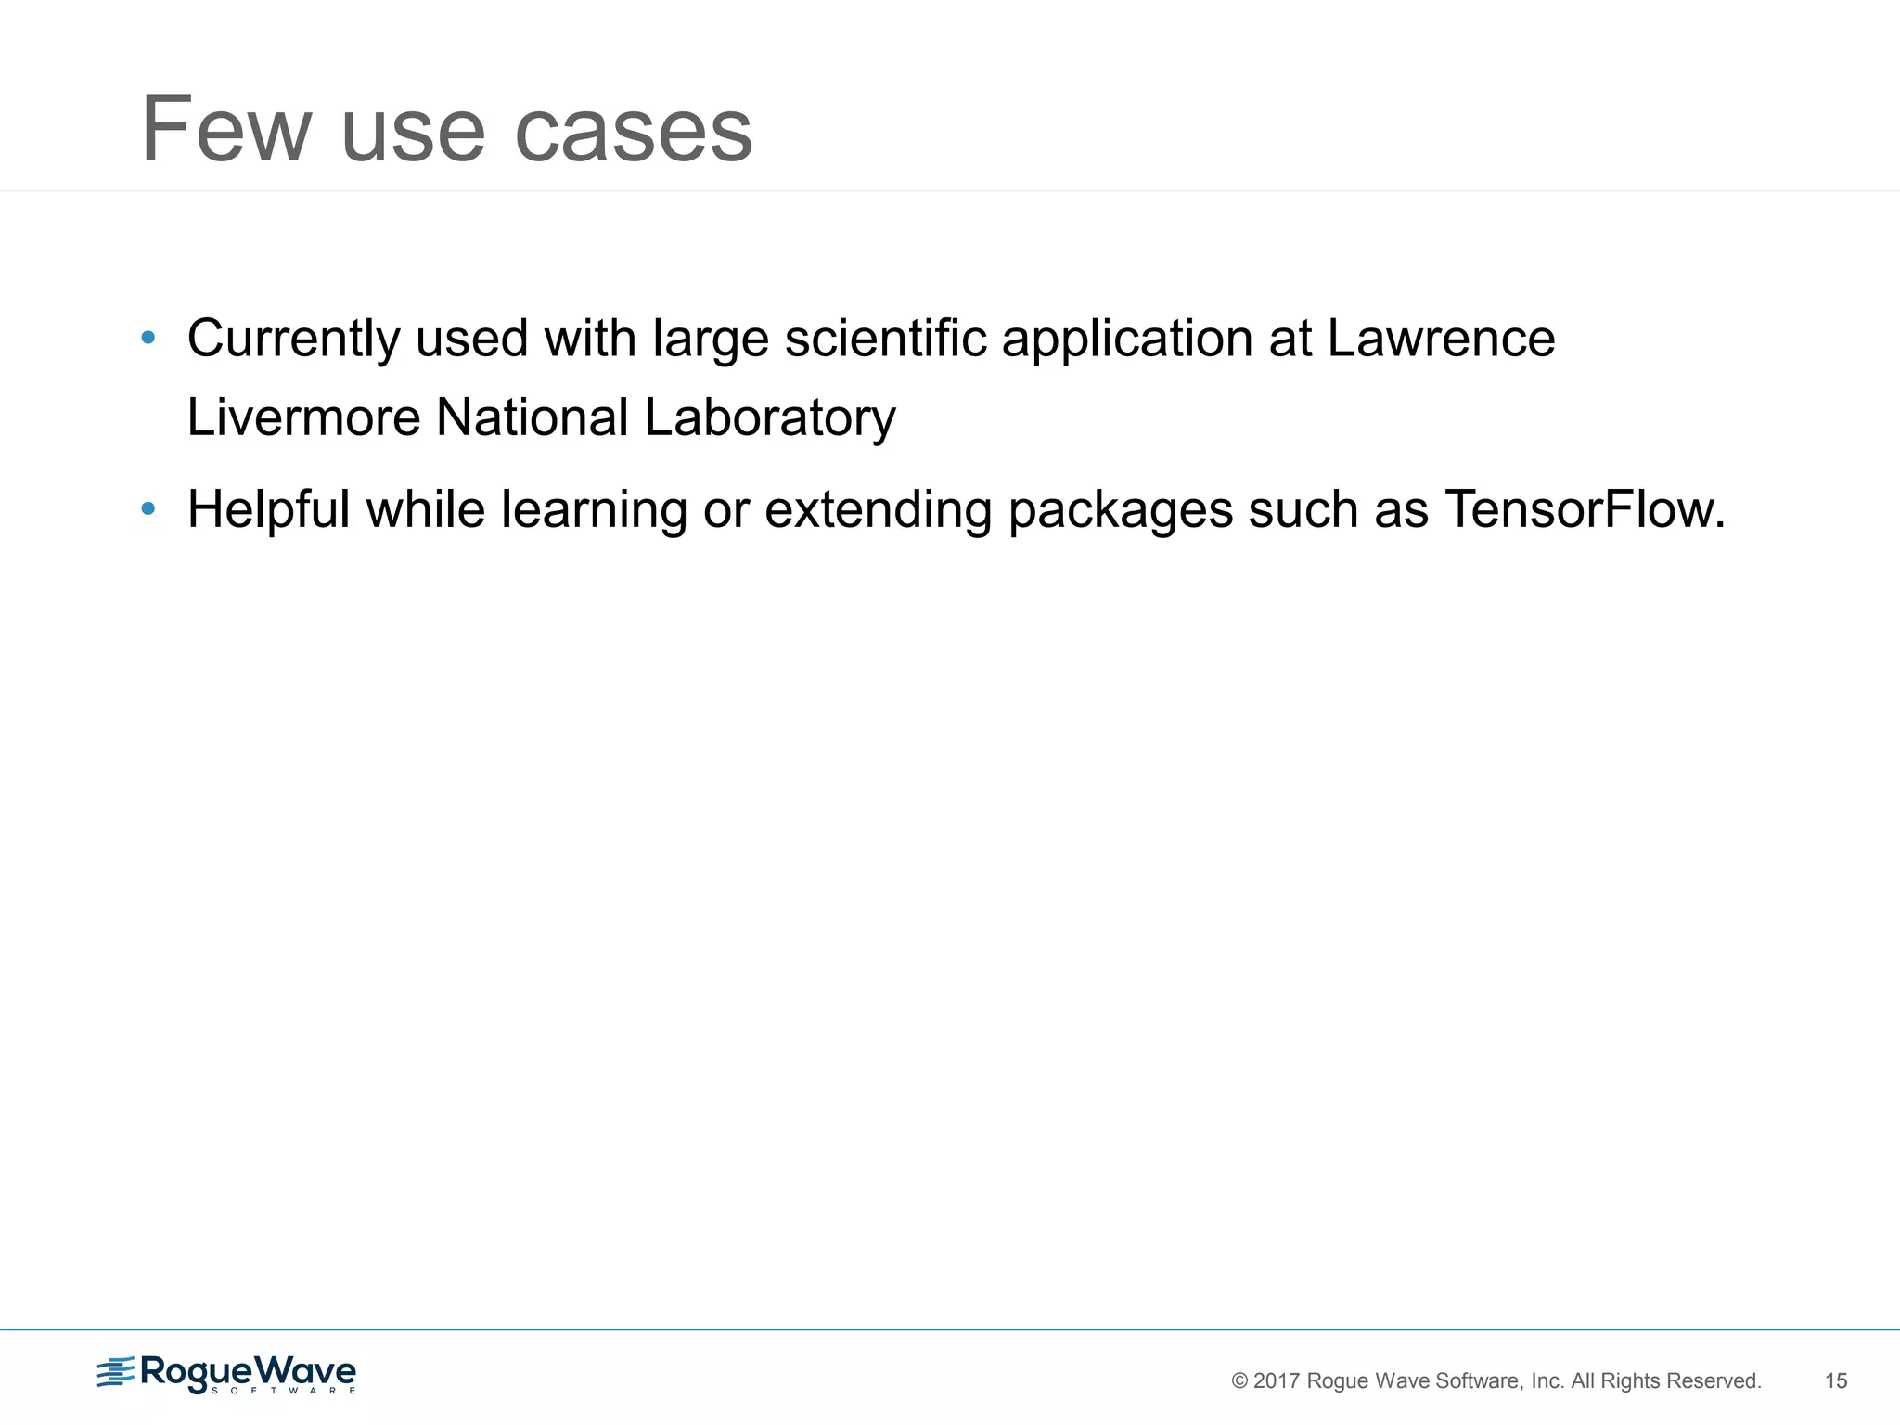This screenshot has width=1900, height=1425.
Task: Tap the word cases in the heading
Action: pos(633,132)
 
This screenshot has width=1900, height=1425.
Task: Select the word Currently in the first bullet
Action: pos(293,340)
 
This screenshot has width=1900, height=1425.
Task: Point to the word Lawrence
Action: pos(1441,338)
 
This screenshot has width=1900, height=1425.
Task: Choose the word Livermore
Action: pos(304,417)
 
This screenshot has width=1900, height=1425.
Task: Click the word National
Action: pos(533,417)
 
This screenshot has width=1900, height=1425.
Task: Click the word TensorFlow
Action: pos(1585,509)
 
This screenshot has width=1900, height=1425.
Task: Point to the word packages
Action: pos(1120,511)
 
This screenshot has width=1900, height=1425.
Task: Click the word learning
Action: pos(594,511)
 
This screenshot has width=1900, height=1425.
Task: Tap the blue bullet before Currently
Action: pos(148,339)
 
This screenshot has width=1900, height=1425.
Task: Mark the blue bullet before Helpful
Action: pos(148,509)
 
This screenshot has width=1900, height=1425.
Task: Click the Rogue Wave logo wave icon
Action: pos(115,1373)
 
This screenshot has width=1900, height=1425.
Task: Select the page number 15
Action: pos(1836,1381)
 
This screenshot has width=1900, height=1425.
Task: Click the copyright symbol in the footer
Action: pos(1239,1381)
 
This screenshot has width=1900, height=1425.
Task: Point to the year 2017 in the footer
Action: pos(1276,1381)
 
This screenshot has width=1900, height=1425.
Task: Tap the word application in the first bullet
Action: pos(1127,340)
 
